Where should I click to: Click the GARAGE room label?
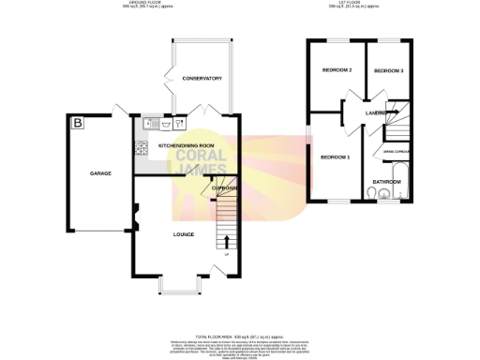100,174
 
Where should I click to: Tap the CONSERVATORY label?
202,78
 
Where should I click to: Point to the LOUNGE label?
183,233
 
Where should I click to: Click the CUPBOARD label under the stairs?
222,188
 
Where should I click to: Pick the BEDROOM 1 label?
336,157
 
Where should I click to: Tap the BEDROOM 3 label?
388,71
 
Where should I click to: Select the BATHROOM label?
387,181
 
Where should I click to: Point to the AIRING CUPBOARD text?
396,150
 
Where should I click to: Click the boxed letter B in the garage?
77,123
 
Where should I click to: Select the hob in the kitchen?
142,147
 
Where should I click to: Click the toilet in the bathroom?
374,194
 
